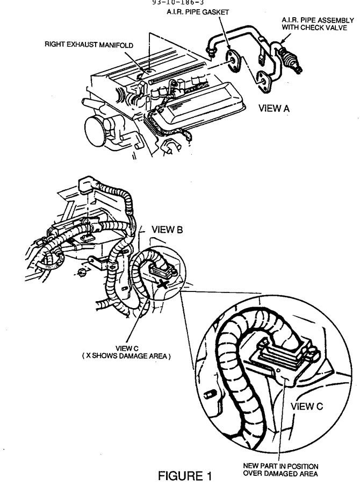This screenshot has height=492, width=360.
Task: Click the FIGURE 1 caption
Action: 185,476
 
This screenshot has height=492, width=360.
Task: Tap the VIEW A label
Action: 274,108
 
